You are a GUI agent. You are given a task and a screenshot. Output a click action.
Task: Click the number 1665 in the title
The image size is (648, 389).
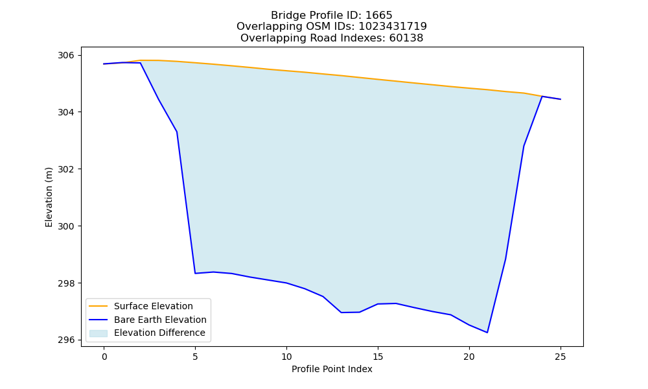[x=379, y=16]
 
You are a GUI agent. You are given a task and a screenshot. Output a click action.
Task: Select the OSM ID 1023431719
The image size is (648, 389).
[x=393, y=27]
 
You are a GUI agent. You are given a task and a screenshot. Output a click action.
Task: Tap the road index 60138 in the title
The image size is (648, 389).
[x=406, y=38]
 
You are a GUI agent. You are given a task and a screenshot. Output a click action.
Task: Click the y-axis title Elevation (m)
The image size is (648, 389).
[x=49, y=197]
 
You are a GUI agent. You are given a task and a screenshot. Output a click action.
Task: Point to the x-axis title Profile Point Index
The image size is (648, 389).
[x=332, y=369]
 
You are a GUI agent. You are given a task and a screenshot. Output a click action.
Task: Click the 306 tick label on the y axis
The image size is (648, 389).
[x=65, y=55]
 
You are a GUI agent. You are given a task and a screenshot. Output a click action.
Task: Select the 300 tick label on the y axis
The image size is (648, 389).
[x=65, y=226]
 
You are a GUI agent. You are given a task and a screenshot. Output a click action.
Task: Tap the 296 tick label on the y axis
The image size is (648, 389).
[x=65, y=340]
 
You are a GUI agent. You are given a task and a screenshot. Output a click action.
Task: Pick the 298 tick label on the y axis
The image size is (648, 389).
[x=65, y=283]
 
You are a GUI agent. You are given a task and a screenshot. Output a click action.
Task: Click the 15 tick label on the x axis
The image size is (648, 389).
[x=378, y=357]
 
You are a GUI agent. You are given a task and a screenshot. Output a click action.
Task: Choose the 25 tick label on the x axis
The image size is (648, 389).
[x=561, y=357]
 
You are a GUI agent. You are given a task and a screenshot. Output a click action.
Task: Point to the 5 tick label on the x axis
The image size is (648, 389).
[x=195, y=357]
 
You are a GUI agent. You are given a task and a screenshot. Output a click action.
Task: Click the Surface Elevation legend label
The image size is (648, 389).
[x=154, y=306]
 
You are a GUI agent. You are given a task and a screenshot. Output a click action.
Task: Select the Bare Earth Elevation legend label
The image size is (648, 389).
[x=160, y=320]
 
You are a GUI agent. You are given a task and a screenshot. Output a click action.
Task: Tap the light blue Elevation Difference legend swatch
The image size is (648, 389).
[x=98, y=333]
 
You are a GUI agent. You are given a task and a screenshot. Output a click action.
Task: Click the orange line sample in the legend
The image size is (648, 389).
[x=98, y=306]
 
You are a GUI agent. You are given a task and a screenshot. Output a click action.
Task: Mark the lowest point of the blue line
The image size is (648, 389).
[x=487, y=333]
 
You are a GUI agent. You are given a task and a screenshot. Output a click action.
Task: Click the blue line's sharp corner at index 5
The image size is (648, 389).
[x=195, y=273]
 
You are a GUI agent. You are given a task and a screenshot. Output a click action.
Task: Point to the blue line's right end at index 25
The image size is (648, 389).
[x=561, y=99]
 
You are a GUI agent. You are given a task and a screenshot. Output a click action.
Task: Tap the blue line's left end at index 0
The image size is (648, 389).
[x=104, y=64]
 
